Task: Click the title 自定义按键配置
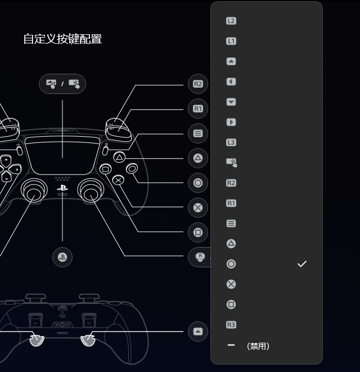point(62,39)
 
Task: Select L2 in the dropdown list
point(231,21)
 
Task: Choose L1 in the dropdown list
point(231,41)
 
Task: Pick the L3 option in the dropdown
point(231,142)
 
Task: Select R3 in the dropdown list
point(231,325)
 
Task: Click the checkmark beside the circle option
point(302,264)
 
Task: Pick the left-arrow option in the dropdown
point(231,82)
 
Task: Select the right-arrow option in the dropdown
point(231,122)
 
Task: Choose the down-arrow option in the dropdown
point(231,102)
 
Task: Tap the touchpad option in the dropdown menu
point(231,163)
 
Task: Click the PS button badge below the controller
point(62,257)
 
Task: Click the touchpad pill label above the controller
point(62,84)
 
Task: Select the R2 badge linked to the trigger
point(198,84)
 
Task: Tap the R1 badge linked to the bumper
point(198,109)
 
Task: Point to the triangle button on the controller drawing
point(119,158)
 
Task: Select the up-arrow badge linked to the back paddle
point(198,331)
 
